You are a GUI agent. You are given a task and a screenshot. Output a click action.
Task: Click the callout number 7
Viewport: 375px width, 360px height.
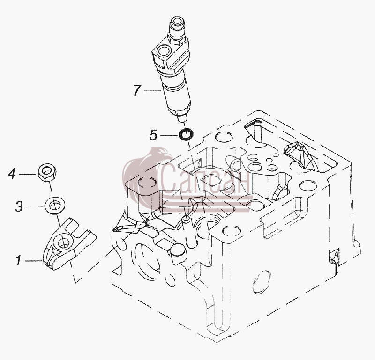137,90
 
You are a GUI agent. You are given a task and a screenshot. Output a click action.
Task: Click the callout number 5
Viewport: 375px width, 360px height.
153,135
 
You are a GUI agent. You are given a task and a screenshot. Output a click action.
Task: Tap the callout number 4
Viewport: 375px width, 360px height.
12,174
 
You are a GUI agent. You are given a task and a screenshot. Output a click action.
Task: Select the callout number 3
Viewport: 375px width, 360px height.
19,206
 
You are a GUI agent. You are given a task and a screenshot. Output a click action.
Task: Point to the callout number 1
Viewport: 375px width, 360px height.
18,260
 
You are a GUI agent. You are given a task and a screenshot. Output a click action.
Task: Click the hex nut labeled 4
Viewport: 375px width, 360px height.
47,172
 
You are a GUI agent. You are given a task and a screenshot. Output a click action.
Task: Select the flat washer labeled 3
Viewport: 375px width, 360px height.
54,206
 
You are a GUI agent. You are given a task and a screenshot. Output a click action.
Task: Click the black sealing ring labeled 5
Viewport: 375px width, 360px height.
186,135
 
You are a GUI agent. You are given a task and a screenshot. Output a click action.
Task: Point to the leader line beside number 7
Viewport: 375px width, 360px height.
153,90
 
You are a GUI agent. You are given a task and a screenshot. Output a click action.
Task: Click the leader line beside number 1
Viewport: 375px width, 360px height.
34,261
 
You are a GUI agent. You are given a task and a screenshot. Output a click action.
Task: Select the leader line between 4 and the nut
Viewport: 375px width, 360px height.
27,175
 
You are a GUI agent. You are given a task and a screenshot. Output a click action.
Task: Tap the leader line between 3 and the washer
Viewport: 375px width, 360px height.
35,207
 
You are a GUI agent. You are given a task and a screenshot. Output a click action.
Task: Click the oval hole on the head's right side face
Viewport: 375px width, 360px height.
262,282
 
